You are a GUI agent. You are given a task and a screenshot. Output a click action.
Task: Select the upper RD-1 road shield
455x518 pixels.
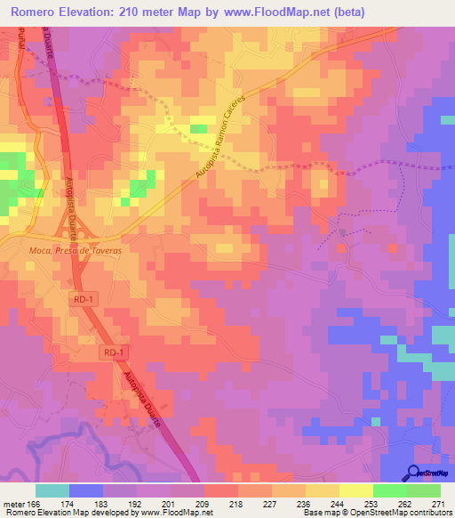[84, 300]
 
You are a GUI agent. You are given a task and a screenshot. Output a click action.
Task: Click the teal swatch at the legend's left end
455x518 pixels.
[52, 490]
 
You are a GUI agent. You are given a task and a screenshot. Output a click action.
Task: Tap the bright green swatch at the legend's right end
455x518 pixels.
[424, 490]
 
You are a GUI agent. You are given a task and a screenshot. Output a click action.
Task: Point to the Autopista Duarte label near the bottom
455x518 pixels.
[142, 399]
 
